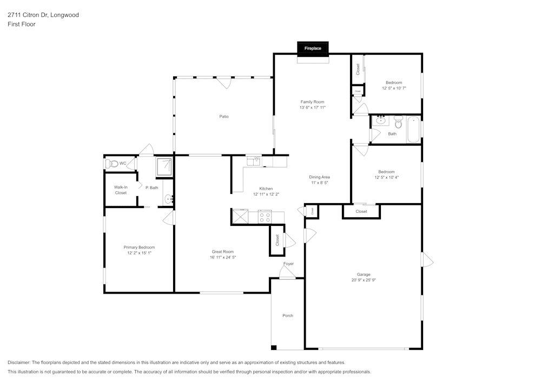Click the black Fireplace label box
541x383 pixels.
click(x=313, y=48)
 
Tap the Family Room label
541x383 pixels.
click(x=313, y=102)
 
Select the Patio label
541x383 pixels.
click(x=223, y=116)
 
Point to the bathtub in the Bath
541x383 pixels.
click(x=414, y=130)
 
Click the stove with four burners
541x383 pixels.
click(x=265, y=217)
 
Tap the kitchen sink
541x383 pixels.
click(x=253, y=161)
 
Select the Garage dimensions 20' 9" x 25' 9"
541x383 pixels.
click(x=363, y=280)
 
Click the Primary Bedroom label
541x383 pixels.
click(x=139, y=247)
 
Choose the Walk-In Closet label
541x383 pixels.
click(x=121, y=190)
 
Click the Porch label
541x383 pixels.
click(x=288, y=315)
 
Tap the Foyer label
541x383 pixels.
click(x=288, y=264)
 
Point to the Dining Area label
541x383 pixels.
click(x=319, y=177)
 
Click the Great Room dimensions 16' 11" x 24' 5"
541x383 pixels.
click(x=223, y=257)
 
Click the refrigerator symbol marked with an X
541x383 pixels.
click(x=240, y=217)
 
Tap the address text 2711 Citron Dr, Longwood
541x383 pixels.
click(x=43, y=15)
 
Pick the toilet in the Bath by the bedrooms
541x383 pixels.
click(x=398, y=120)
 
